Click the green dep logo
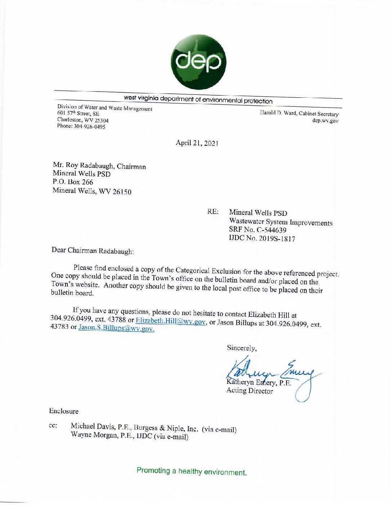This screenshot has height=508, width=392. [x=198, y=62]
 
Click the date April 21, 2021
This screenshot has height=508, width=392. [x=197, y=143]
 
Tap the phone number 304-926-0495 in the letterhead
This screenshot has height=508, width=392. [x=89, y=126]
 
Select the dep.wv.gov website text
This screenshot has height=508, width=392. [x=325, y=121]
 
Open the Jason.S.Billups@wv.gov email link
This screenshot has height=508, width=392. [x=116, y=328]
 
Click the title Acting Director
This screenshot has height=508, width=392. [x=250, y=391]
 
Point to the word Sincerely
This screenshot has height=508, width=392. [x=241, y=348]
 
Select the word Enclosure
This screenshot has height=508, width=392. [x=64, y=411]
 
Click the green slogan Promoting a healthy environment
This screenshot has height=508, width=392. [x=191, y=471]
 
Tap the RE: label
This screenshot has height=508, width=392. [x=213, y=211]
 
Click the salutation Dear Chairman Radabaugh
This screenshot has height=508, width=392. [x=93, y=250]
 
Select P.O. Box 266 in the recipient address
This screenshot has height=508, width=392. [x=73, y=182]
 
